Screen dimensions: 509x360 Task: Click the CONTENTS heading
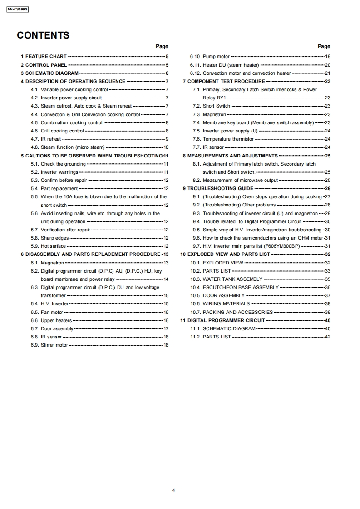(x=43, y=35)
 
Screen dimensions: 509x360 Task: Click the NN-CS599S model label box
(x=18, y=9)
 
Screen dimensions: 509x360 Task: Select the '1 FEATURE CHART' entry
(x=44, y=57)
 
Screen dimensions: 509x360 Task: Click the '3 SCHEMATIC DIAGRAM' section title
(x=49, y=73)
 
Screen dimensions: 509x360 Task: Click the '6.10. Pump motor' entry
(x=210, y=57)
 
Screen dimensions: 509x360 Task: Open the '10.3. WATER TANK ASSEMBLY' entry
(x=226, y=279)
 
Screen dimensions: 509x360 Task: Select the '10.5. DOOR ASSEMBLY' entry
(x=217, y=295)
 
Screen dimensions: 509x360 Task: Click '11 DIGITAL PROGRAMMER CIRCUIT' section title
(x=222, y=320)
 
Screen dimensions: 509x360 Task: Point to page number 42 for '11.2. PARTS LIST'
(x=328, y=337)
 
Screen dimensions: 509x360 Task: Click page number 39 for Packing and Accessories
(x=328, y=312)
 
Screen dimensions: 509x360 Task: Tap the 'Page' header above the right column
(x=324, y=46)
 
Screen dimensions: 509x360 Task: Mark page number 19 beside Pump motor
(x=328, y=57)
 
